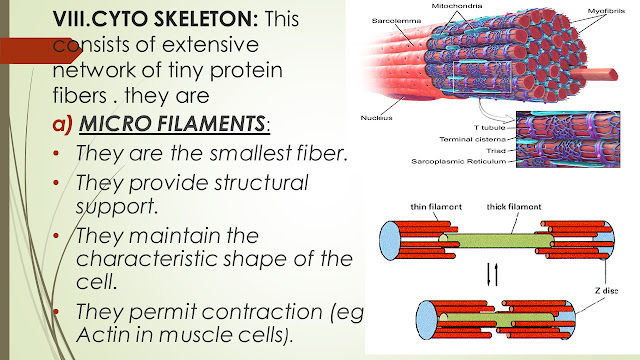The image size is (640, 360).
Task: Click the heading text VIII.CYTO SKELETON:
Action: point(155,19)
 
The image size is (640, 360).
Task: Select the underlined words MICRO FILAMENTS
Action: point(172,124)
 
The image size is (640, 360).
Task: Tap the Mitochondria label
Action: point(457,6)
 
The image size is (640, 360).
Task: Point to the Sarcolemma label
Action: point(396,20)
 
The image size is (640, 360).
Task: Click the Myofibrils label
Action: point(606,11)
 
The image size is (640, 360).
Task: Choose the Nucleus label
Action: point(376,118)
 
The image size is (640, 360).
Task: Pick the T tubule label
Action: point(489,128)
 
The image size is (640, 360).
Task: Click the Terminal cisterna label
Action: point(472,139)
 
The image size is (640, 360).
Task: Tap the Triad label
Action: point(496,151)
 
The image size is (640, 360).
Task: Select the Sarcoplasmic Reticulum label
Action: point(459,162)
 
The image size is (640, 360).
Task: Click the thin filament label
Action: point(436,207)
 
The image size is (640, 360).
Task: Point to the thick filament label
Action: point(514,207)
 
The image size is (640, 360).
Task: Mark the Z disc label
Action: point(606,291)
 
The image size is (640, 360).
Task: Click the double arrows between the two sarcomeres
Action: point(493,274)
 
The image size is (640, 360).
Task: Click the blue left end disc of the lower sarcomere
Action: point(426,320)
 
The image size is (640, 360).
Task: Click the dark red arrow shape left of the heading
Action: point(40,51)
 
